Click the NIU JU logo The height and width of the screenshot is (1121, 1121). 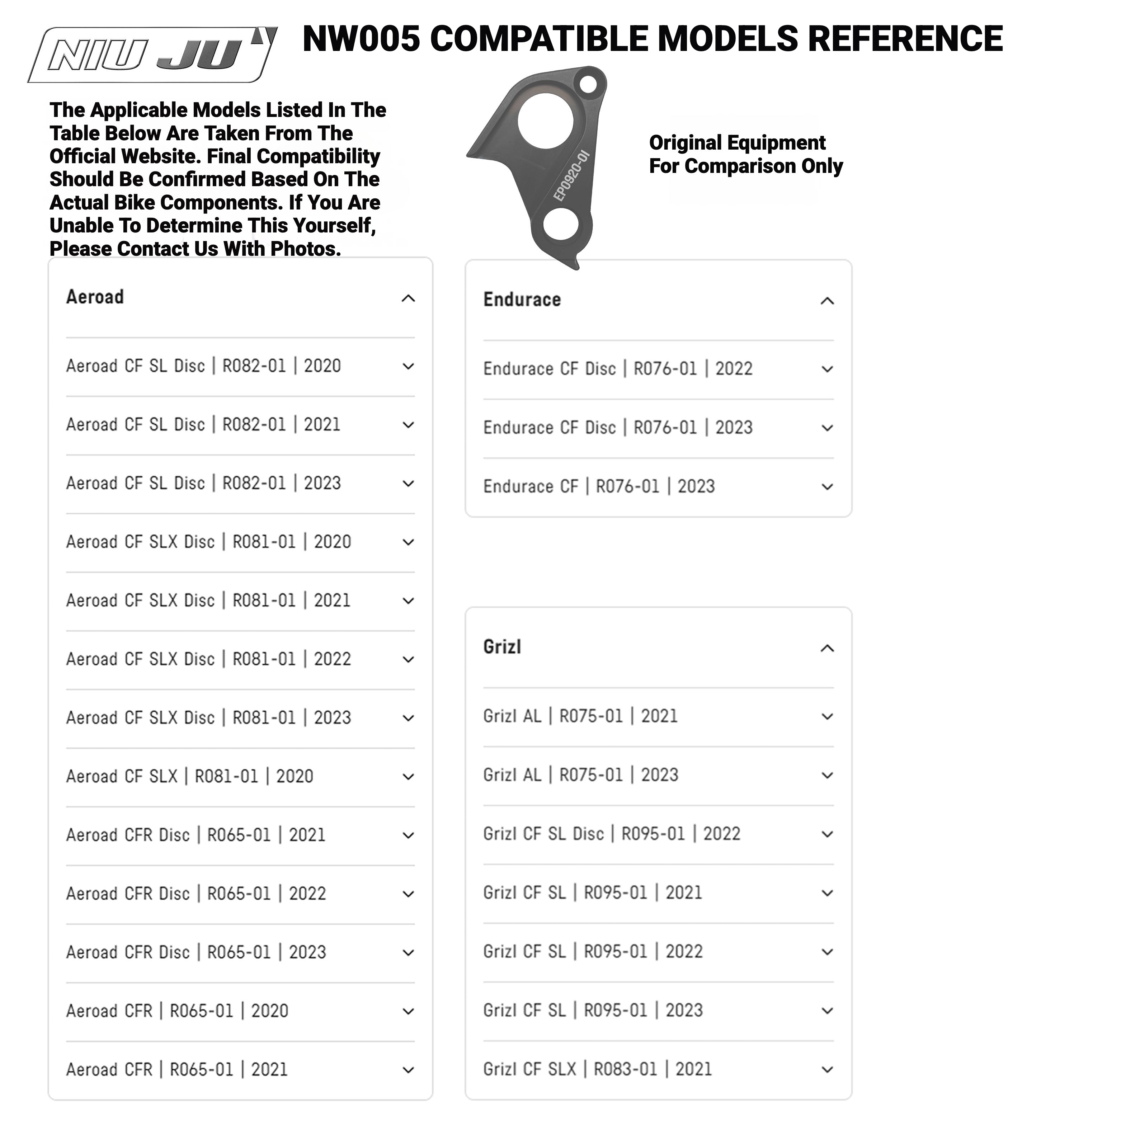[x=152, y=55]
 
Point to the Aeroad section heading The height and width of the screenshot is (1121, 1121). [x=95, y=297]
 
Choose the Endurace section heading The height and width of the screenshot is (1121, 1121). [x=522, y=300]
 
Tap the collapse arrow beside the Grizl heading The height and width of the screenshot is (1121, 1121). [x=828, y=648]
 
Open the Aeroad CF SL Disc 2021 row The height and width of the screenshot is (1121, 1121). [x=203, y=425]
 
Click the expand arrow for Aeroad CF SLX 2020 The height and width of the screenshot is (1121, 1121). [x=409, y=777]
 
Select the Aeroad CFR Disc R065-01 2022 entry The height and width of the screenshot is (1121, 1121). [x=196, y=894]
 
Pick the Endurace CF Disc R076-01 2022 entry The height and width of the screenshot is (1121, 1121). [x=618, y=369]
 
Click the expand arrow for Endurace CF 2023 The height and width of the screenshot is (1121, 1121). [x=828, y=487]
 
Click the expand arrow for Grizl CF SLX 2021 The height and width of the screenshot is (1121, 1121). [x=828, y=1069]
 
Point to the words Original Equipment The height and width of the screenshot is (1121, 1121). [x=737, y=143]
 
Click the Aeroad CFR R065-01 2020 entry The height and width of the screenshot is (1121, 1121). [x=177, y=1011]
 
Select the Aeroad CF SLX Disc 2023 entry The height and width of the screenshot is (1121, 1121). [x=208, y=718]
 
